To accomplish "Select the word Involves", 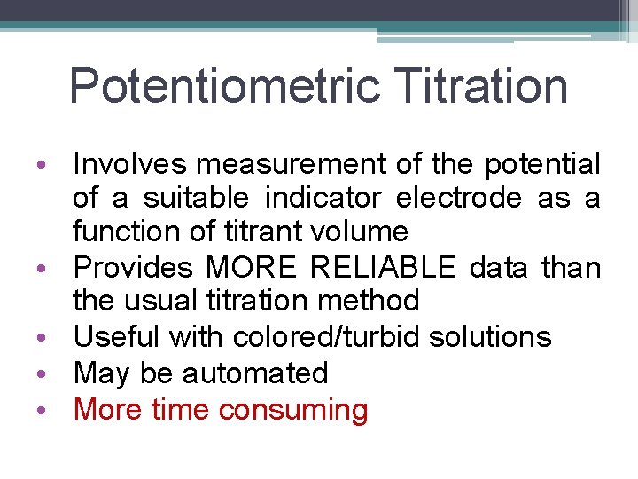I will click(x=130, y=164).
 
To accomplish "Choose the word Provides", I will click(x=134, y=267).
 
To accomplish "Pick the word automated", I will click(x=255, y=373).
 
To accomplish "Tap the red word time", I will click(x=181, y=410).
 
